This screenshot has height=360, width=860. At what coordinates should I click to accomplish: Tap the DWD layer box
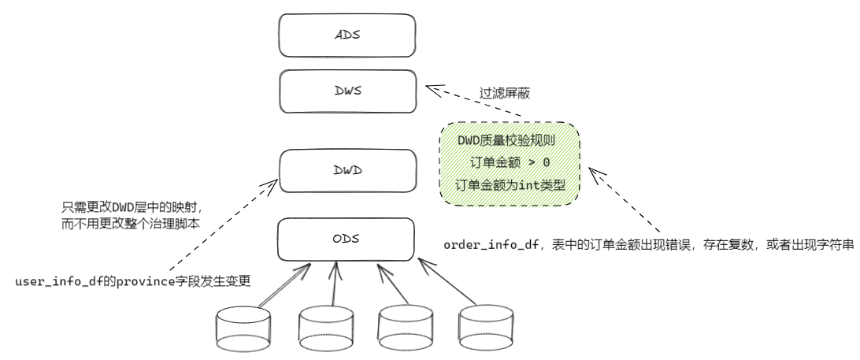pyautogui.click(x=347, y=171)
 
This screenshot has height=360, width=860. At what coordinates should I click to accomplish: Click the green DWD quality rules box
pyautogui.click(x=510, y=165)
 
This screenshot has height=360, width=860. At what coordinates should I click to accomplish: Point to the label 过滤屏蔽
pyautogui.click(x=505, y=93)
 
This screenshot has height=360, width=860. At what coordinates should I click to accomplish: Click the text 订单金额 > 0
pyautogui.click(x=510, y=164)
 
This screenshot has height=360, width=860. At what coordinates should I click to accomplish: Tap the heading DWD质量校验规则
pyautogui.click(x=510, y=142)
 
